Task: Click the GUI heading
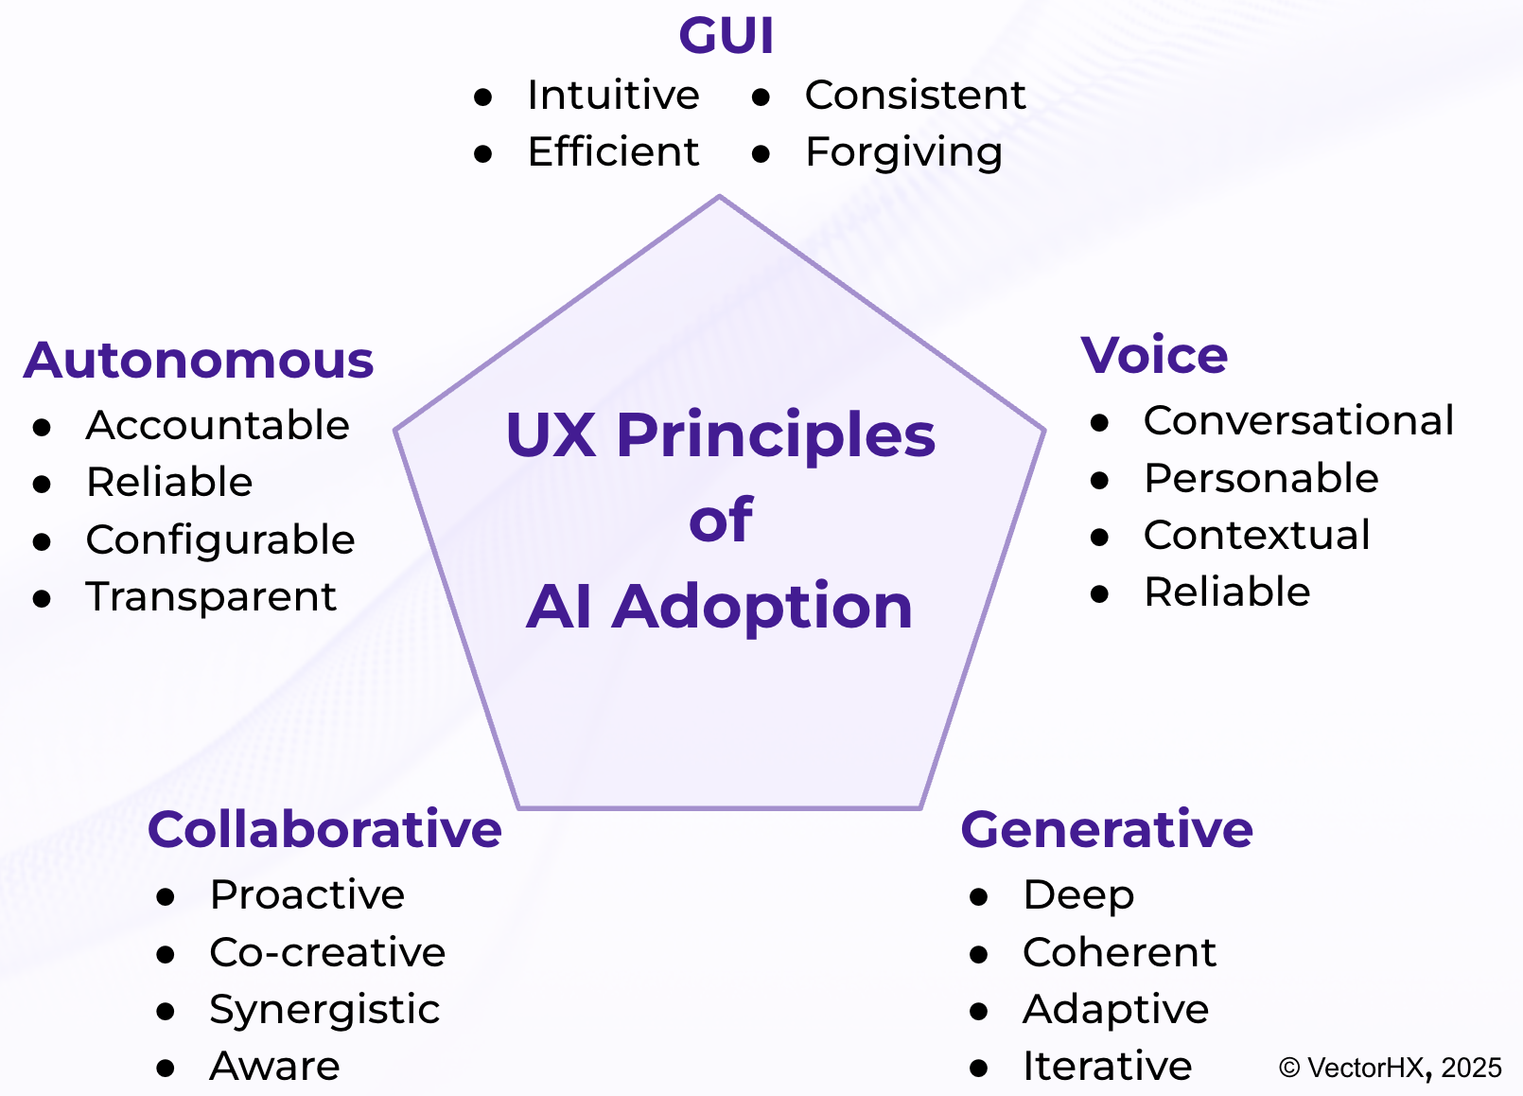click(726, 37)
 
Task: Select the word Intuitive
click(613, 96)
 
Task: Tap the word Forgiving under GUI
click(903, 152)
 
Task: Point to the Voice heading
click(1154, 356)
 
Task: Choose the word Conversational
click(1298, 421)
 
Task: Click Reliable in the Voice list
click(1227, 592)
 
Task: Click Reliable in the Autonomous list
click(169, 483)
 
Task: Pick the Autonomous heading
click(199, 361)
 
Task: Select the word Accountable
click(218, 426)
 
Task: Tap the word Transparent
click(211, 597)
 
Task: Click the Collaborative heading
click(324, 830)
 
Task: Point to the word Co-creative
click(327, 953)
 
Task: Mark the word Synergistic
click(324, 1010)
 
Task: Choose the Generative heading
click(1107, 830)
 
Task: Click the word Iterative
click(1107, 1067)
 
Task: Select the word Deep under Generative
click(1078, 895)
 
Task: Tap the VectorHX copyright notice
click(1390, 1069)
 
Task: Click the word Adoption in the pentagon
click(762, 607)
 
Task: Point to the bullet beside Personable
click(1099, 481)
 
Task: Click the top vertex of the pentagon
click(720, 198)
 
